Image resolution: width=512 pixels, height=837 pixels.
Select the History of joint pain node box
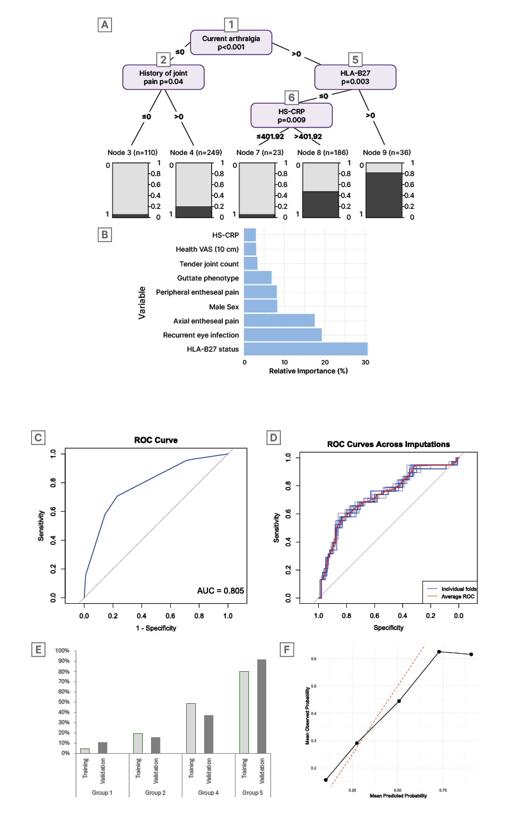[x=163, y=77]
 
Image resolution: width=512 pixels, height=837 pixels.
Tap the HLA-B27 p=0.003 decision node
[x=356, y=77]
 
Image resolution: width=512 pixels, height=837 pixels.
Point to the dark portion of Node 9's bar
[x=384, y=195]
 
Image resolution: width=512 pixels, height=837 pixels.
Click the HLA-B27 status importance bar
[x=306, y=348]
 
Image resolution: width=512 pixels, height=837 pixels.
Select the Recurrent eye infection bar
[x=283, y=334]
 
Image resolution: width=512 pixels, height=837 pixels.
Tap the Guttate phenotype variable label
[x=206, y=279]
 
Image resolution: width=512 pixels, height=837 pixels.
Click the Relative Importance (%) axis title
[x=308, y=371]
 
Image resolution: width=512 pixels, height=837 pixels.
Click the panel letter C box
[x=39, y=437]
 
